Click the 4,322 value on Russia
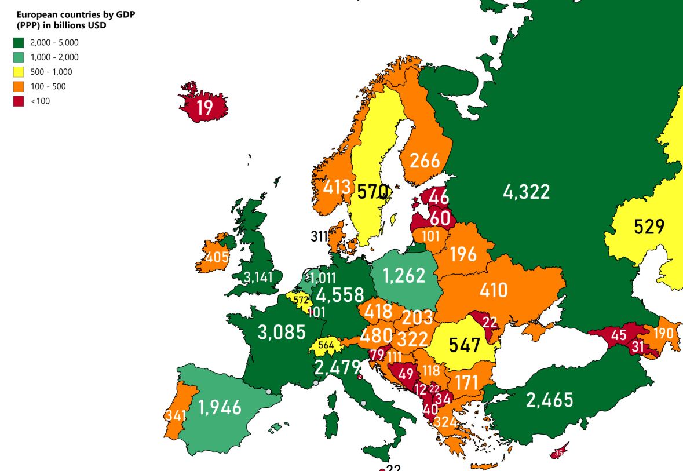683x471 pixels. pyautogui.click(x=526, y=191)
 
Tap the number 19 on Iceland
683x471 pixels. pyautogui.click(x=204, y=108)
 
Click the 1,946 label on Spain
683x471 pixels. pyautogui.click(x=220, y=407)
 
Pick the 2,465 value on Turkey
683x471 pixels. pyautogui.click(x=550, y=399)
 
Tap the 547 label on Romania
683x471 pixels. pyautogui.click(x=465, y=345)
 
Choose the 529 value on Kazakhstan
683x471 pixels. pyautogui.click(x=649, y=226)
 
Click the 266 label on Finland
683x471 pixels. pyautogui.click(x=425, y=160)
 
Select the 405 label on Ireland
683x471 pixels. pyautogui.click(x=217, y=257)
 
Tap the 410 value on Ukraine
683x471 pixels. pyautogui.click(x=493, y=289)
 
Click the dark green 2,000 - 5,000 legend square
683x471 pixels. pyautogui.click(x=19, y=42)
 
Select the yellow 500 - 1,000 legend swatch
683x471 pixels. pyautogui.click(x=19, y=72)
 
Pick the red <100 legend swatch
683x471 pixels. pyautogui.click(x=19, y=101)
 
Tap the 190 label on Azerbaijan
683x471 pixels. pyautogui.click(x=664, y=333)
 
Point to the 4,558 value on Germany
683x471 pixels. pyautogui.click(x=340, y=295)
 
